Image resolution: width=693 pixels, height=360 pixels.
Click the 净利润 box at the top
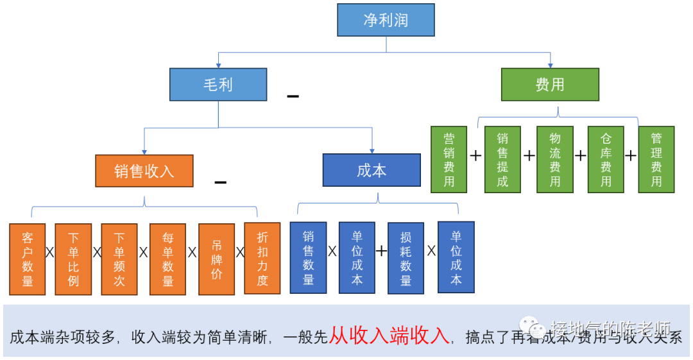pos(386,19)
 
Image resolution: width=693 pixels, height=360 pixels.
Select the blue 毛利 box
pos(218,84)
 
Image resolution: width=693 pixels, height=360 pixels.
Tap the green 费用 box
pos(550,84)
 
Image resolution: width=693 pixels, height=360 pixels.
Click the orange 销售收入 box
pos(144,171)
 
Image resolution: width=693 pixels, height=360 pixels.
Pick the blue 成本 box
pos(372,170)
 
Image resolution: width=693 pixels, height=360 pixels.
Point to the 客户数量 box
pos(28,259)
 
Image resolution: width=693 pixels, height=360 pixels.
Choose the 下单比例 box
pos(73,259)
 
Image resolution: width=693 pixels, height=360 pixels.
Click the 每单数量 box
pos(168,259)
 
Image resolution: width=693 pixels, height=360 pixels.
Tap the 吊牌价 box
pos(216,259)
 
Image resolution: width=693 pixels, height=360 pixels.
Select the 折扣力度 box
pos(262,259)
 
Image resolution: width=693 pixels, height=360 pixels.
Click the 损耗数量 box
pos(406,258)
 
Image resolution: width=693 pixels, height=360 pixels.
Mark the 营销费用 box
pos(449,159)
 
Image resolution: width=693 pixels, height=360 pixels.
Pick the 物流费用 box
pos(555,159)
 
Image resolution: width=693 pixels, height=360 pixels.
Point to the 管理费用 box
pos(656,159)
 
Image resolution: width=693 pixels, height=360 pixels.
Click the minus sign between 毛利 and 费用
pos(293,96)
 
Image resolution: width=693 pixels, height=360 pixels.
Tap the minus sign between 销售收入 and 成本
pos(220,182)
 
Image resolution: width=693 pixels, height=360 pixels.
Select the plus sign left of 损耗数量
pos(381,251)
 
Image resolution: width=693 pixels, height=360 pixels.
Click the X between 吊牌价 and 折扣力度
pos(240,252)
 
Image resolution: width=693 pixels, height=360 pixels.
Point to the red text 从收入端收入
pos(389,336)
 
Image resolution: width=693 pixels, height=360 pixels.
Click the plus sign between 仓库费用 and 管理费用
pos(631,155)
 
